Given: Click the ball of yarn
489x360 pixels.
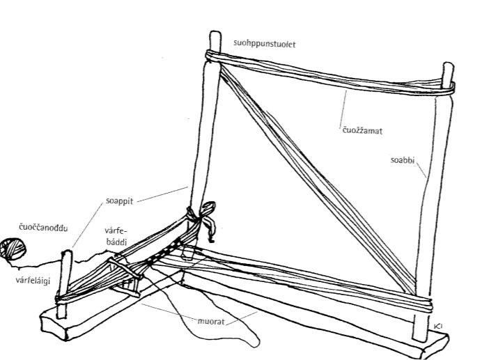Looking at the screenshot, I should coord(13,249).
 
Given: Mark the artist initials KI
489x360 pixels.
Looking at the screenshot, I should coord(437,326).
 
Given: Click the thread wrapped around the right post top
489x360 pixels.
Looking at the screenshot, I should coord(446,86).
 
